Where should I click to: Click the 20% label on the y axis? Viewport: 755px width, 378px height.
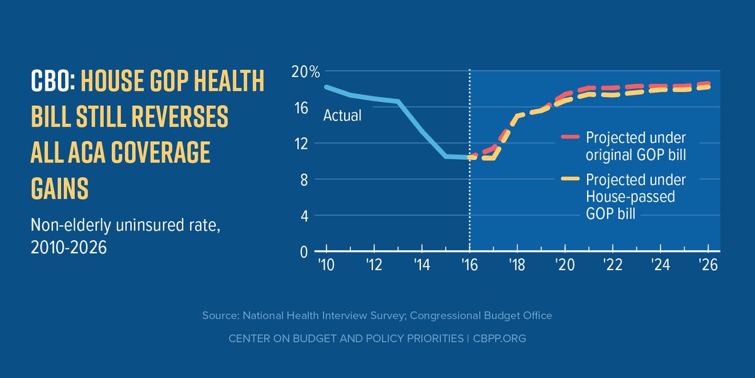(305, 72)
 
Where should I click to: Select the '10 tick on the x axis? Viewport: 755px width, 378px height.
(325, 264)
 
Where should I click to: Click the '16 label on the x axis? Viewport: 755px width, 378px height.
(469, 264)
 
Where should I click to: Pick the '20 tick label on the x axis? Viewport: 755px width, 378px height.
(564, 264)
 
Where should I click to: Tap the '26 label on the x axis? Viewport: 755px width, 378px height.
(708, 264)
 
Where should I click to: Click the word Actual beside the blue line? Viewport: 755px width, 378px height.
(342, 116)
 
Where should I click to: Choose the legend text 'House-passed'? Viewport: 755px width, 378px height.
(630, 197)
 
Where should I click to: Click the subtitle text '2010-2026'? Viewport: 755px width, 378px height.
(70, 248)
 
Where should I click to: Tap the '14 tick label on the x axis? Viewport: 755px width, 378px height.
(421, 264)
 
